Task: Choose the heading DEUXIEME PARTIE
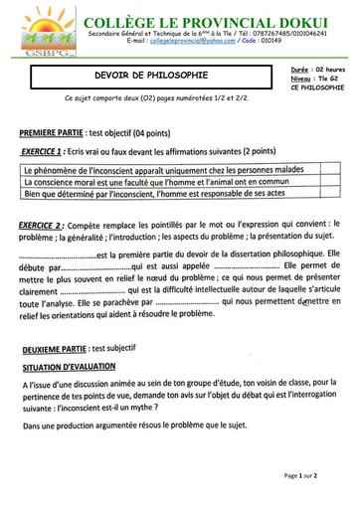click(54, 347)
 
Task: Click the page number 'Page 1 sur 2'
click(300, 475)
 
